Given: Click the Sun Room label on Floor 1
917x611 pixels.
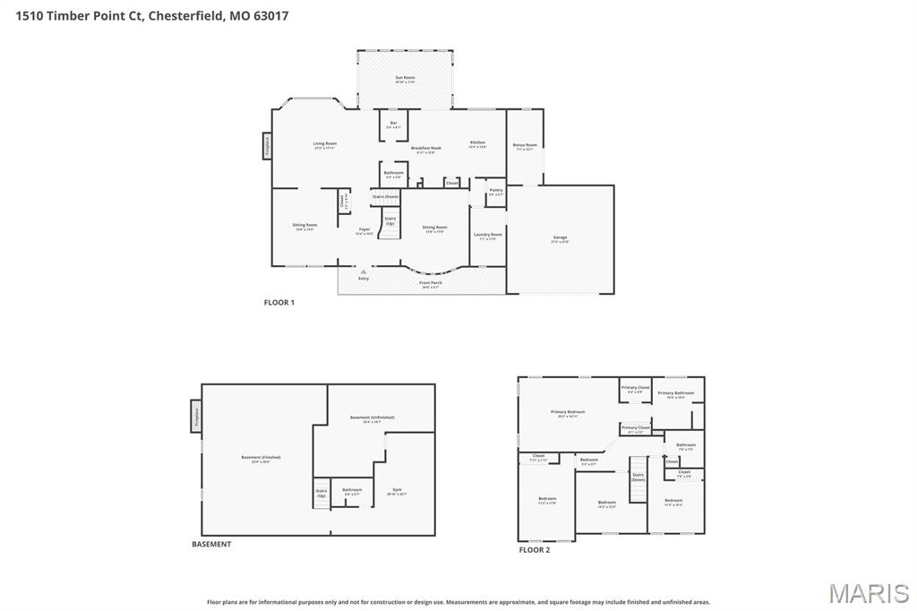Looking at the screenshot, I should pos(405,79).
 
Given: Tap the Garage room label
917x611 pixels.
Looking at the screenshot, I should pos(560,238).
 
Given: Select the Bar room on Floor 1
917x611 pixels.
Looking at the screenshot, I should pos(393,125).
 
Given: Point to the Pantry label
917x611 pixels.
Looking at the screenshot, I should pos(496,191).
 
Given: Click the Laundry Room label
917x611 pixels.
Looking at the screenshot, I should pos(488,236).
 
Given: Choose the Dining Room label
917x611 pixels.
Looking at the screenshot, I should pos(434,228).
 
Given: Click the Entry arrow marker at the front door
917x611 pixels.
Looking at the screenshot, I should pos(364,271).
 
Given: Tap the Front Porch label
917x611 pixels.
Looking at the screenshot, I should pos(430,284).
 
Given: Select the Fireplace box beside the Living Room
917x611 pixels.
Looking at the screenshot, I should pos(267,146).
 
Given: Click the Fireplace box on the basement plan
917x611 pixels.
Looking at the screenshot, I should pos(195,417).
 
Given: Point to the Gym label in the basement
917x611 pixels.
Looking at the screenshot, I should pos(397,491).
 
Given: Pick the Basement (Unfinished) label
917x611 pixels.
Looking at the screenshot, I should pos(372,418).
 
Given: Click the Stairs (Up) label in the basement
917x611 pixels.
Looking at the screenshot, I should pos(321,493).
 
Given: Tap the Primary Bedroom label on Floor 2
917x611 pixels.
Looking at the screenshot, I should pos(568,413).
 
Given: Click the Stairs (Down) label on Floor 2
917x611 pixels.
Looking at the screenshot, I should pos(638,478).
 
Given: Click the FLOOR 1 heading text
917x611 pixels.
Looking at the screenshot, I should pos(279,303).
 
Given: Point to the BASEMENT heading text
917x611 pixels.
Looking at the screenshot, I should pos(211,544).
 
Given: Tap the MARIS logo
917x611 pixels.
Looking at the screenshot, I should pos(869,593).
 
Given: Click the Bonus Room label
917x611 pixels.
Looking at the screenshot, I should pos(525,146).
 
